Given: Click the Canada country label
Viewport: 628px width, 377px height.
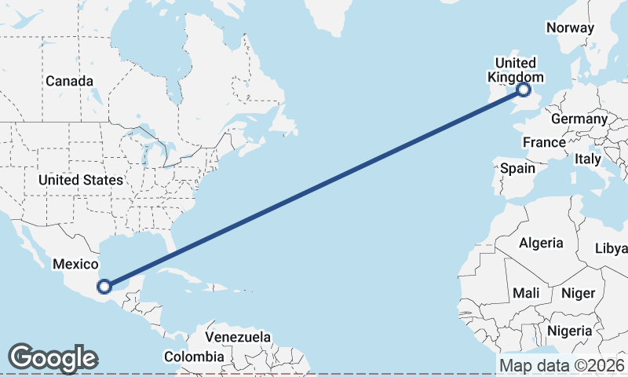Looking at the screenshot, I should pyautogui.click(x=69, y=81).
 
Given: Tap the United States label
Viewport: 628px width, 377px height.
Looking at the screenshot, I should pyautogui.click(x=81, y=180).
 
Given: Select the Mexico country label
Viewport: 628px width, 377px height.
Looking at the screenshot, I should pyautogui.click(x=75, y=265).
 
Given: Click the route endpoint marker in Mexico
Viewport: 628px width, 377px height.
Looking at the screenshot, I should pyautogui.click(x=104, y=286).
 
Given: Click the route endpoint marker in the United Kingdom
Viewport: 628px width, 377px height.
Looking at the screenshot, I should pyautogui.click(x=524, y=90).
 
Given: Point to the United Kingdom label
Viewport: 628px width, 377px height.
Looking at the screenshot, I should pyautogui.click(x=516, y=70).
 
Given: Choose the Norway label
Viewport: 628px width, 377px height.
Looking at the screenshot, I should pyautogui.click(x=570, y=27).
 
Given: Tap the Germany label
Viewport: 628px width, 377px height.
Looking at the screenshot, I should pyautogui.click(x=579, y=119).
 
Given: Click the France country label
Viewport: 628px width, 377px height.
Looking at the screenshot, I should pyautogui.click(x=544, y=142).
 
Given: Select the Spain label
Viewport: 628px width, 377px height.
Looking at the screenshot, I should pyautogui.click(x=517, y=168).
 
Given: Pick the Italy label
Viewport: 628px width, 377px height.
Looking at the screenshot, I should pyautogui.click(x=587, y=159).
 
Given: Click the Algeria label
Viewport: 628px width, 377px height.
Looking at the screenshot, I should pyautogui.click(x=541, y=243).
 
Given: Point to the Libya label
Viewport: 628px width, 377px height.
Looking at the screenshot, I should pyautogui.click(x=612, y=248).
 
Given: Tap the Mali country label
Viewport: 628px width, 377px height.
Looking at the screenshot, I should pyautogui.click(x=525, y=293).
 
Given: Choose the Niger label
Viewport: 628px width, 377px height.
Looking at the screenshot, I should pyautogui.click(x=579, y=293).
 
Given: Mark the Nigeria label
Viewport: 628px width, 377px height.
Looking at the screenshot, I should pyautogui.click(x=571, y=331).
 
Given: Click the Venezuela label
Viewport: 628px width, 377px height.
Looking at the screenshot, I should pyautogui.click(x=238, y=337).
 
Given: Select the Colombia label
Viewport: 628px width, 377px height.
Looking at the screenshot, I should pyautogui.click(x=194, y=357).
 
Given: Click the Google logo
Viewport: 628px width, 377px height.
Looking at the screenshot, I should pyautogui.click(x=53, y=358).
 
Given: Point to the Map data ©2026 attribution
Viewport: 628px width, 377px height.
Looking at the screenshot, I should pyautogui.click(x=562, y=365).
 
